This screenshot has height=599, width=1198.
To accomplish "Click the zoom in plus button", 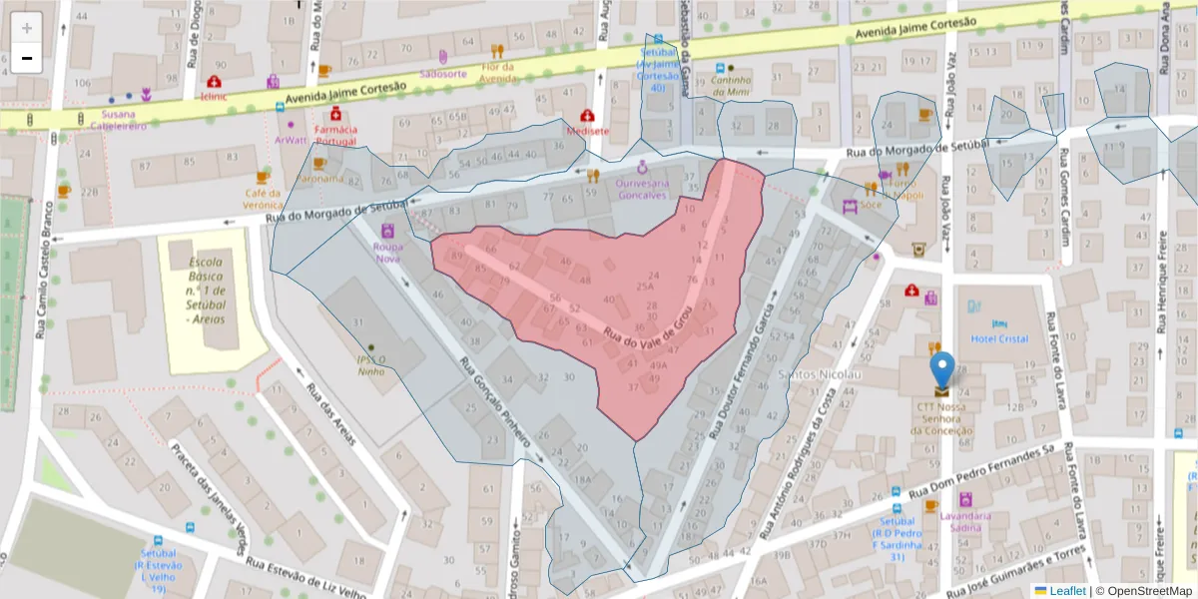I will (x=27, y=28).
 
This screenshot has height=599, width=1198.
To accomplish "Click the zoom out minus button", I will (x=27, y=58).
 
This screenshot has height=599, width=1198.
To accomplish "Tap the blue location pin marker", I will (x=941, y=370).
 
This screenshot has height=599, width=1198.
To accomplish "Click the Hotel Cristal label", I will (x=999, y=338).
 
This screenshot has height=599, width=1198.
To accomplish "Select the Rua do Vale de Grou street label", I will (x=646, y=328).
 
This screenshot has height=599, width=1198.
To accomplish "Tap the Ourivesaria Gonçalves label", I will (x=641, y=189).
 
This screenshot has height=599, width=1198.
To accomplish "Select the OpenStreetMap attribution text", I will (x=1145, y=591).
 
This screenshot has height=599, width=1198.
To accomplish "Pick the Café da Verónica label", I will (x=263, y=199).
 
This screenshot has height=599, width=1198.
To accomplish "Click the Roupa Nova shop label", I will (x=387, y=252).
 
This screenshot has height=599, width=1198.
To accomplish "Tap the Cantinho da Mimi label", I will (x=724, y=87).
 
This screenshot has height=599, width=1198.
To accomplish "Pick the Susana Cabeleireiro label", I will (x=118, y=121).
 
